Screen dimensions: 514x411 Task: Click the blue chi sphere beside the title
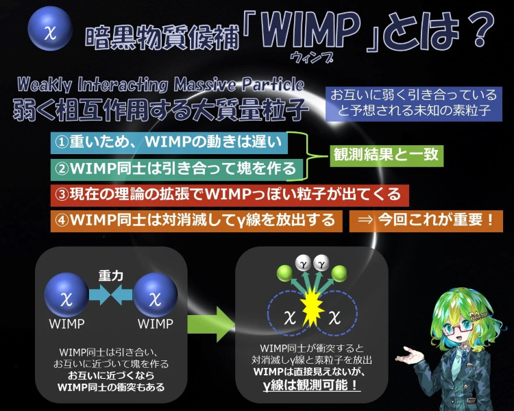pos(50,29)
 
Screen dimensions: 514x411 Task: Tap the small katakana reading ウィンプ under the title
pos(311,58)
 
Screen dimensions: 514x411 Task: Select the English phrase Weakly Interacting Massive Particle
pos(160,84)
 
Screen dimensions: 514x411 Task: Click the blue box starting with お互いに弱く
pos(414,103)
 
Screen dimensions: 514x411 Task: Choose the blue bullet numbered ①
pos(169,142)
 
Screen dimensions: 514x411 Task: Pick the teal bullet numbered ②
pos(176,169)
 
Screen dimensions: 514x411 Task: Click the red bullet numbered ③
pos(230,195)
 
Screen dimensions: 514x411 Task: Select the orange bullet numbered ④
pos(197,221)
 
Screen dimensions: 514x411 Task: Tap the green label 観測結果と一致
pos(387,155)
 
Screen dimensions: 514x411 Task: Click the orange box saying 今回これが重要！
pos(426,221)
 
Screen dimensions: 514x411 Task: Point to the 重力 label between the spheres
pos(111,276)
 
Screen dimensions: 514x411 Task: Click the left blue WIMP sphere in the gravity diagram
pos(66,295)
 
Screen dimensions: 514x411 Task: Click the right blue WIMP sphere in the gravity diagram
pos(156,295)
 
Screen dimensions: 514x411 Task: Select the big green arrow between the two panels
pos(211,325)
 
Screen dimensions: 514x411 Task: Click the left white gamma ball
pos(304,263)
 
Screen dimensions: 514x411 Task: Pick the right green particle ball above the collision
pos(339,274)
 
